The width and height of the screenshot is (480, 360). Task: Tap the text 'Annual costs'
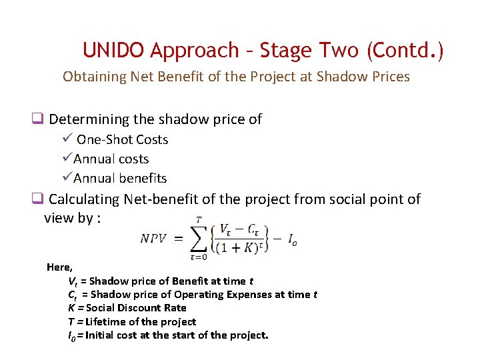(111, 159)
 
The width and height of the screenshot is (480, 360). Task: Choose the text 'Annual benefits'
(120, 179)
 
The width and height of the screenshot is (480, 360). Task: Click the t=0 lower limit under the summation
(198, 257)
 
